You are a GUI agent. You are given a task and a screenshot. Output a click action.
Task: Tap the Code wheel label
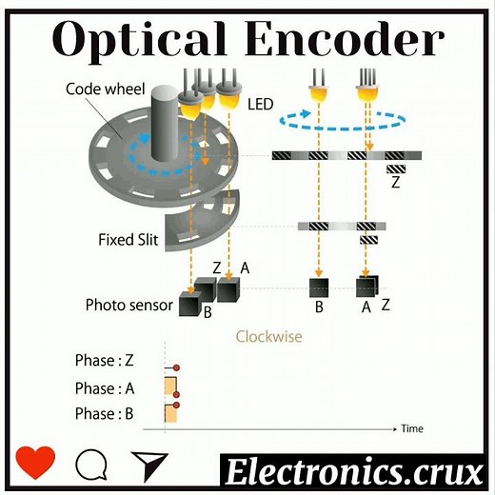104,89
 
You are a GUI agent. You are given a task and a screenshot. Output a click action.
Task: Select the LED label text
259,102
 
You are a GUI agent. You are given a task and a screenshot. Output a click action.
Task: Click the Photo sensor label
129,306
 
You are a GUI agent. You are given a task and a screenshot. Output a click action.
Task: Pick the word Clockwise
269,336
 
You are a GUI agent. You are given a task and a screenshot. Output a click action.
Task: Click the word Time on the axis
411,428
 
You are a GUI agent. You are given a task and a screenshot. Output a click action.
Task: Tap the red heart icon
36,464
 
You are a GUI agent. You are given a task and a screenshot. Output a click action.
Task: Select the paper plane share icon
148,464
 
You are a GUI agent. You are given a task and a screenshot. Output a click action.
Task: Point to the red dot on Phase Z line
176,366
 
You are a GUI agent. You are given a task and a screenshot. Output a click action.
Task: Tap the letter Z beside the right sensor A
386,305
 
